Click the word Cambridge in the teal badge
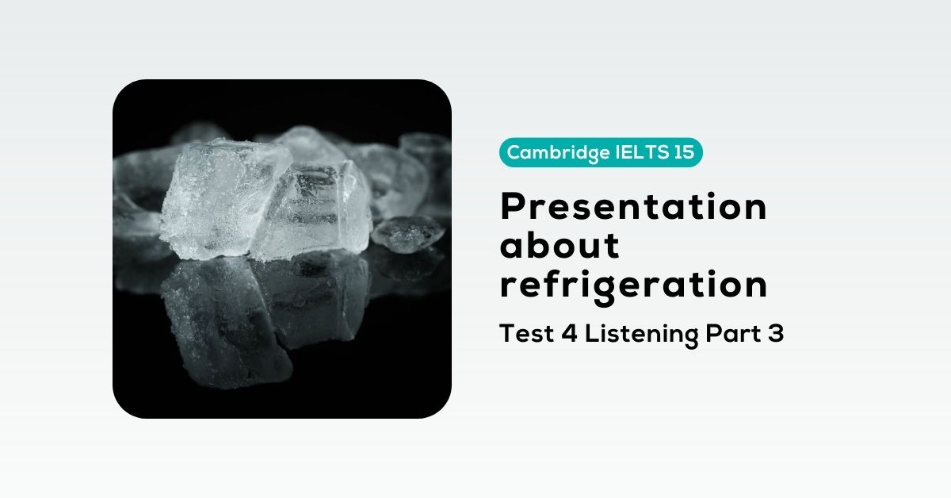point(558,153)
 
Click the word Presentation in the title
point(633,206)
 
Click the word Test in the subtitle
point(526,334)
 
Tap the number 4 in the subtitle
point(569,334)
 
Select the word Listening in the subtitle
point(641,335)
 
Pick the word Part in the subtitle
point(733,334)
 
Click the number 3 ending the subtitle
point(776,334)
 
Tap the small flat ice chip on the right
point(407,234)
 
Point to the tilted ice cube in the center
point(314,210)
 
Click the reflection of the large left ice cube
point(225,323)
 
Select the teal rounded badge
point(601,152)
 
